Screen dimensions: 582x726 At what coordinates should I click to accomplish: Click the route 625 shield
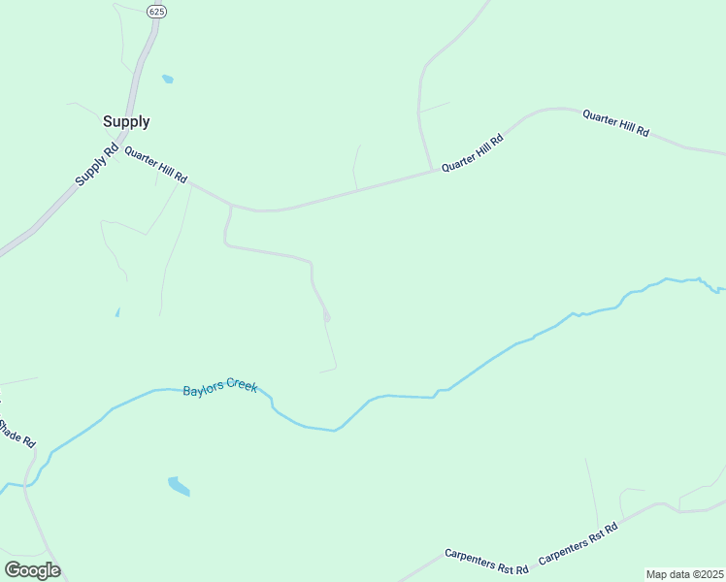pyautogui.click(x=155, y=11)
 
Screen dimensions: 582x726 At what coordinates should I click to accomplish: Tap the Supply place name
pyautogui.click(x=126, y=122)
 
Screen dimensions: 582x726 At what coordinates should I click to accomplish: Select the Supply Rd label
pyautogui.click(x=96, y=165)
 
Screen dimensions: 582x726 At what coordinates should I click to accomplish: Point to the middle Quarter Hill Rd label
pyautogui.click(x=473, y=153)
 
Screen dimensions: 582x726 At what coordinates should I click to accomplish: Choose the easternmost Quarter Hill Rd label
pyautogui.click(x=615, y=123)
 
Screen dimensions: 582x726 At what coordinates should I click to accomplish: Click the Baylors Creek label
pyautogui.click(x=220, y=389)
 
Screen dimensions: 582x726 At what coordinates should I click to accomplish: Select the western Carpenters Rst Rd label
pyautogui.click(x=486, y=560)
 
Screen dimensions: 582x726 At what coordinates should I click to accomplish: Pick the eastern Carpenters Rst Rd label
pyautogui.click(x=578, y=543)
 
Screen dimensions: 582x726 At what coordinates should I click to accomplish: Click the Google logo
pyautogui.click(x=32, y=570)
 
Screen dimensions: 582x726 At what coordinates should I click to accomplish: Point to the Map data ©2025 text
pyautogui.click(x=684, y=574)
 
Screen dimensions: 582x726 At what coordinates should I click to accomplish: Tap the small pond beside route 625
pyautogui.click(x=168, y=79)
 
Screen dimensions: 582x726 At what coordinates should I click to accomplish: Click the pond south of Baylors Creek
pyautogui.click(x=179, y=485)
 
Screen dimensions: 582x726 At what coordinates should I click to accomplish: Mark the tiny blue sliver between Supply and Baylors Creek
pyautogui.click(x=117, y=312)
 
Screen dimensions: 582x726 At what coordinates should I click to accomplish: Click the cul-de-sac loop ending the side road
pyautogui.click(x=327, y=316)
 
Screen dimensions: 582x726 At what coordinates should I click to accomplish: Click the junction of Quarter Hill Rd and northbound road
pyautogui.click(x=432, y=172)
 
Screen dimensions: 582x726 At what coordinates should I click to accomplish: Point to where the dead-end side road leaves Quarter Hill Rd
pyautogui.click(x=230, y=205)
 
